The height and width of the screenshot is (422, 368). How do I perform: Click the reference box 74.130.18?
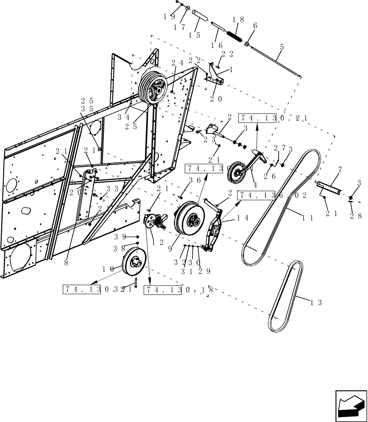click(177, 290)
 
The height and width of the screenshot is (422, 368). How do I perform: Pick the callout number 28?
click(355, 216)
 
